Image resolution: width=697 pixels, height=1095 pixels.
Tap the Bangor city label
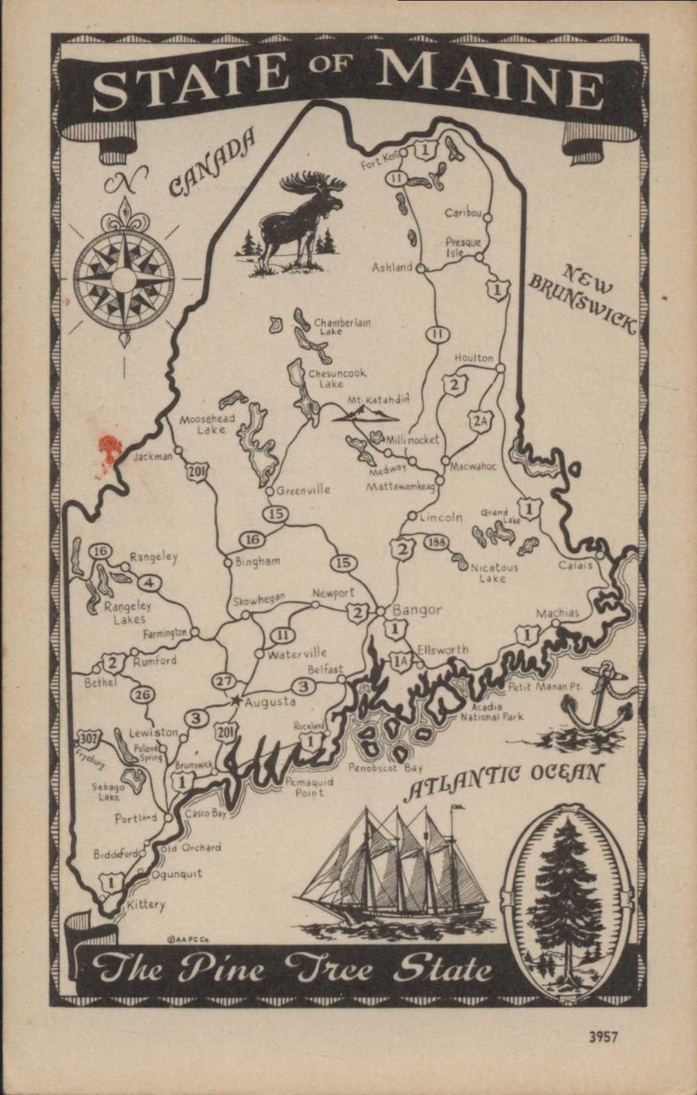(417, 610)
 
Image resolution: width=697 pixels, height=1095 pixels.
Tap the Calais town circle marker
(600, 555)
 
